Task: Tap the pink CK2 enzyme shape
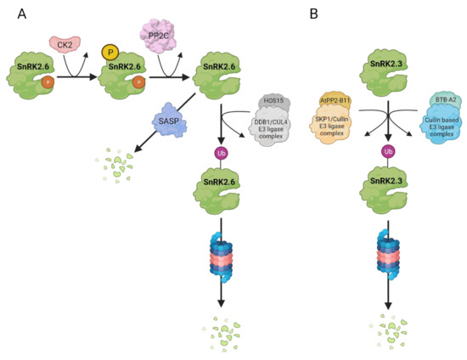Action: click(65, 43)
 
